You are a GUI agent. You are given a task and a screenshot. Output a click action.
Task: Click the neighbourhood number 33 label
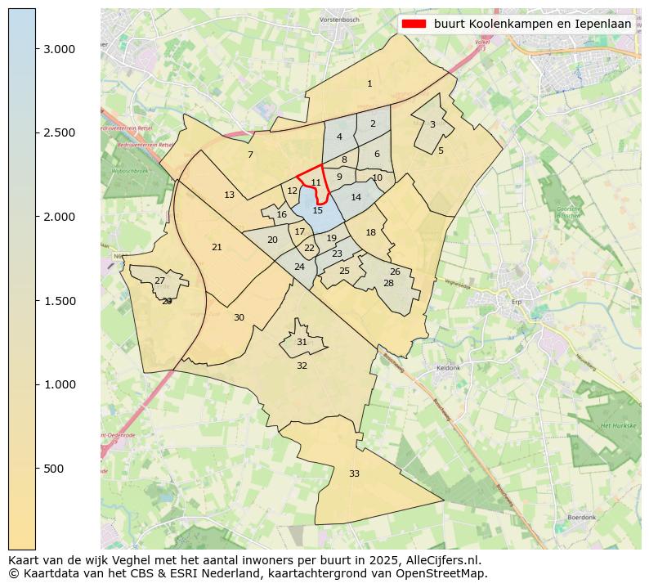(x=354, y=474)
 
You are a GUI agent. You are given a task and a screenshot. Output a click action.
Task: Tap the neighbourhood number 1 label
(x=369, y=83)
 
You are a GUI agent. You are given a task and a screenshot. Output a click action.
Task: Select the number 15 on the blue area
(x=318, y=210)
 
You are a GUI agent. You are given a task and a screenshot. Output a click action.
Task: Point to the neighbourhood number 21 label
(x=217, y=247)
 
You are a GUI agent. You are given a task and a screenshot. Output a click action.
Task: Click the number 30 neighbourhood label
(x=239, y=317)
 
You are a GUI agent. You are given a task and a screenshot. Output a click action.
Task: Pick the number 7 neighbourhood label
(x=250, y=155)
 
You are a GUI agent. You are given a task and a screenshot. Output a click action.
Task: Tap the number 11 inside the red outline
(x=316, y=182)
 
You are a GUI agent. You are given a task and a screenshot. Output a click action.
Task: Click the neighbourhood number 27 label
(x=159, y=281)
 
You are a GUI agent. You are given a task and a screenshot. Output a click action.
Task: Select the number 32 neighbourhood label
(x=302, y=366)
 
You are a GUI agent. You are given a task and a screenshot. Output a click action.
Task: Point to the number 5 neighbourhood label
(x=441, y=150)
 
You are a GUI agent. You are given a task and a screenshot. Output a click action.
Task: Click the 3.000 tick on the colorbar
(x=60, y=49)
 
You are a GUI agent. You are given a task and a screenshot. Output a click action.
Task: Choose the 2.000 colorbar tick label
(x=60, y=217)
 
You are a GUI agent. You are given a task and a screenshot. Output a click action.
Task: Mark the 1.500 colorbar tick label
(x=60, y=301)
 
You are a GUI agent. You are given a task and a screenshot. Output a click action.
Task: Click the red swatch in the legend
(x=414, y=24)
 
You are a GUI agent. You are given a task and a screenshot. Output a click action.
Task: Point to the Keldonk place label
(x=449, y=368)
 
